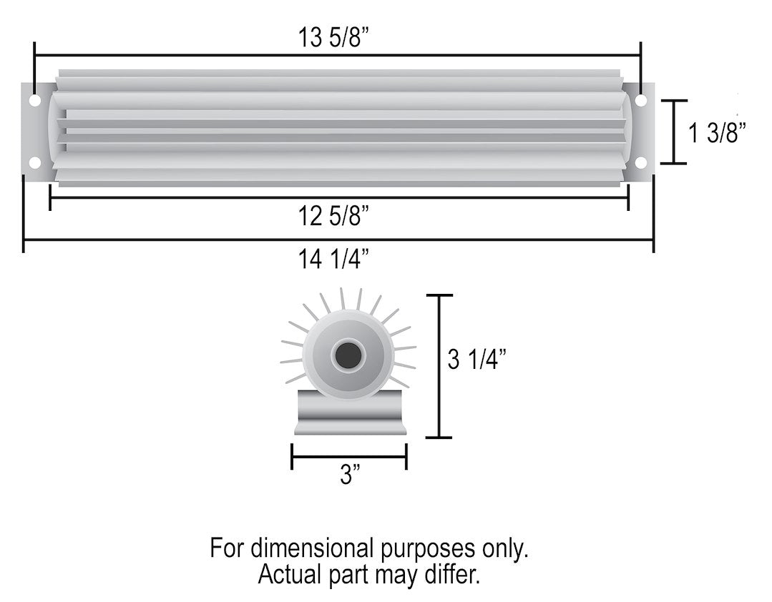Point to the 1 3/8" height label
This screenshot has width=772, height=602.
[x=718, y=133]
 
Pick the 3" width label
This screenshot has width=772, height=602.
[x=348, y=475]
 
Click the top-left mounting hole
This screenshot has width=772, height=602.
[x=34, y=101]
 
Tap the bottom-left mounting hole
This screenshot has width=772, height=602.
[x=34, y=163]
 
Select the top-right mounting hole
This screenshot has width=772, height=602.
[x=641, y=101]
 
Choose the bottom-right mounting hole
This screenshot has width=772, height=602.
[x=641, y=163]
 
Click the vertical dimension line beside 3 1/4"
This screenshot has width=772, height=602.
[x=439, y=365]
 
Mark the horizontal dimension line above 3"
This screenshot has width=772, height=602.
[x=348, y=456]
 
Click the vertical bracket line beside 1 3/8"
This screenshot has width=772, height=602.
[x=674, y=132]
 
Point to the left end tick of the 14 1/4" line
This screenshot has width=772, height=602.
[x=24, y=240]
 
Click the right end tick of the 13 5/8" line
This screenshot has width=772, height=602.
[x=640, y=55]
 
